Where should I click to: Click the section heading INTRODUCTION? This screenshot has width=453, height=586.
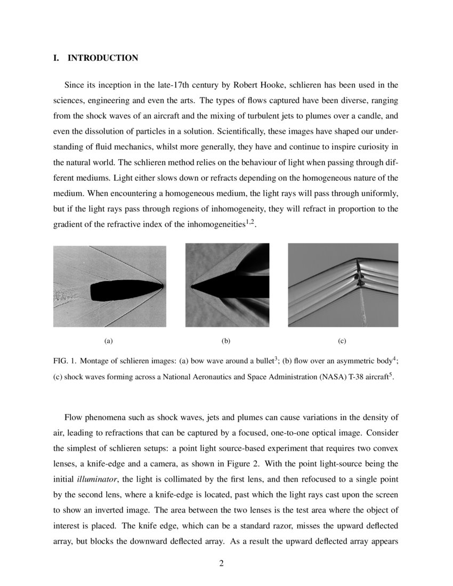102,58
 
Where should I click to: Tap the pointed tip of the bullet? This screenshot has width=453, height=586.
161,286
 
